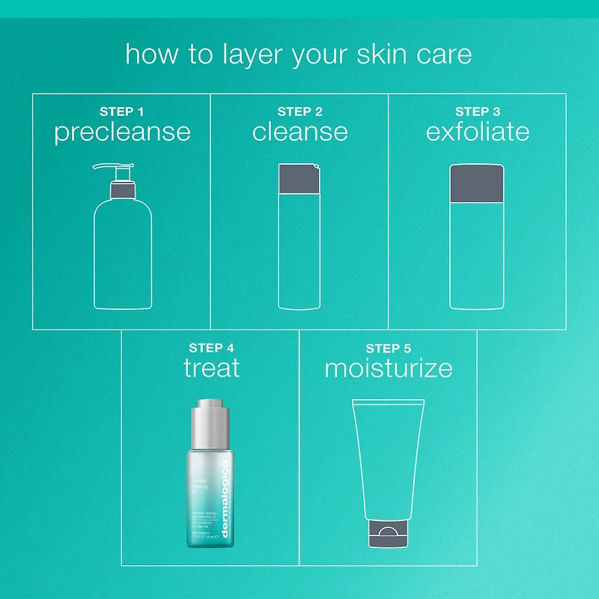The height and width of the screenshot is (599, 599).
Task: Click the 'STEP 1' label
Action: (x=122, y=112)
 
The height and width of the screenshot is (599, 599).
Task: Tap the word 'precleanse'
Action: (x=122, y=133)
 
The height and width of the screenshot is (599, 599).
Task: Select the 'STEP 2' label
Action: (x=299, y=112)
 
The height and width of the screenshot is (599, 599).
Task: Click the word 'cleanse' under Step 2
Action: (x=299, y=133)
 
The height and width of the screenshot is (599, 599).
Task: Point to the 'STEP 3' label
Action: (x=478, y=112)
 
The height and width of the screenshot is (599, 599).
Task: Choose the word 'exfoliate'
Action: (x=478, y=133)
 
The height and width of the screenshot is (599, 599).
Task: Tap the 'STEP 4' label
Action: (x=211, y=348)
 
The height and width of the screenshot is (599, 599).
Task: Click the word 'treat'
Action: (x=211, y=368)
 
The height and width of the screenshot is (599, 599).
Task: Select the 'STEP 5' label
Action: (x=388, y=348)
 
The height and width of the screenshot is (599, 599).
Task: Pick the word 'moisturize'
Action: (x=388, y=368)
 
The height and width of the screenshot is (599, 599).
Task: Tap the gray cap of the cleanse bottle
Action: (x=299, y=179)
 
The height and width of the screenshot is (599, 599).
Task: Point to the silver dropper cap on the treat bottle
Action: (x=212, y=425)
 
